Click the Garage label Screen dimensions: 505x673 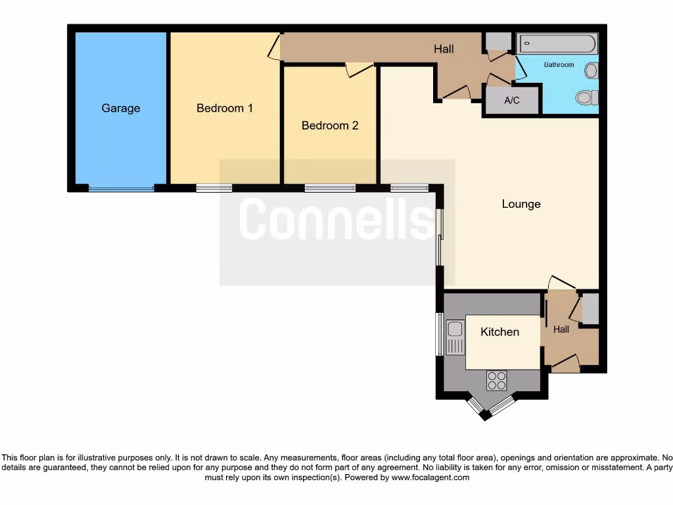(120, 108)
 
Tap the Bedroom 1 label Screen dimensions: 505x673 (225, 108)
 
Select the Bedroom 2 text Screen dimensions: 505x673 (330, 126)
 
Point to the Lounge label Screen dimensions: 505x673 (521, 204)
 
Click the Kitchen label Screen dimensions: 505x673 (499, 332)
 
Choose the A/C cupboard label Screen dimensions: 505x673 (512, 101)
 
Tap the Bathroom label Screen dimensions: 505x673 (559, 65)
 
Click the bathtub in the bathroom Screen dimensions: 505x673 (557, 44)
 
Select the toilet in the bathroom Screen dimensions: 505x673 (586, 98)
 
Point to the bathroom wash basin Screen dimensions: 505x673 (592, 70)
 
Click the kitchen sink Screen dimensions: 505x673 (455, 337)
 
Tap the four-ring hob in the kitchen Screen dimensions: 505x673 (496, 380)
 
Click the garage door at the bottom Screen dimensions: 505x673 (122, 189)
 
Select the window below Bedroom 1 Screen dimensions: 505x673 (214, 189)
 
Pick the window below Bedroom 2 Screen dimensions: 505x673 (330, 189)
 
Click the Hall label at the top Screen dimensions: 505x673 (444, 49)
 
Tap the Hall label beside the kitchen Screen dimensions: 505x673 (561, 329)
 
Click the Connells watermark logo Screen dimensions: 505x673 (336, 220)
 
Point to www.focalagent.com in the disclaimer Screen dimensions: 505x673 (430, 477)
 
